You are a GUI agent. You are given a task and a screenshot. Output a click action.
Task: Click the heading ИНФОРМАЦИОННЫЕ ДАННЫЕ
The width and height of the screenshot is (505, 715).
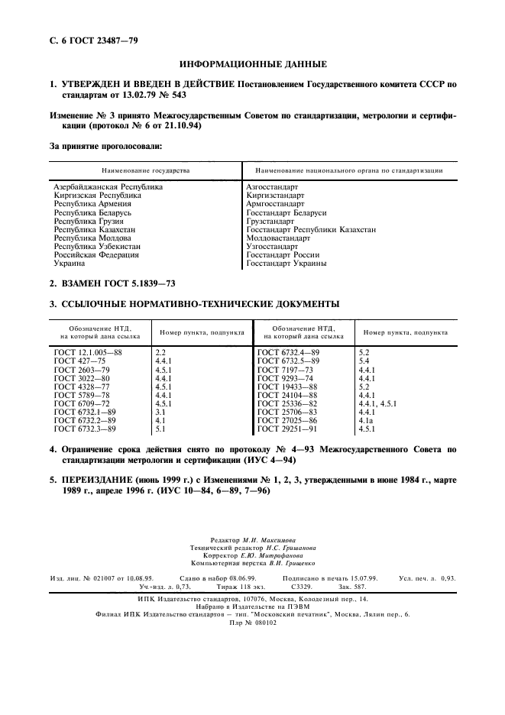[x=252, y=64]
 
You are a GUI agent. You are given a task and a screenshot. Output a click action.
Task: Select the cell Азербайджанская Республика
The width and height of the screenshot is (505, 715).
[x=108, y=187]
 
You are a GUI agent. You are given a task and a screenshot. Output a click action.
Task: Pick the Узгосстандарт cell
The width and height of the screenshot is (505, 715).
[x=272, y=247]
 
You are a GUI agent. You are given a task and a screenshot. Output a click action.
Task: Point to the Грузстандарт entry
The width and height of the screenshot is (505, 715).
[x=272, y=222]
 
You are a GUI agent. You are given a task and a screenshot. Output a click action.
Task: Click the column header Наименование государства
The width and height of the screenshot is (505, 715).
[x=145, y=170]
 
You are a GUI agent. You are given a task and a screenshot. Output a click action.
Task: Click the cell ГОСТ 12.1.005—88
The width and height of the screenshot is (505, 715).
[x=88, y=352]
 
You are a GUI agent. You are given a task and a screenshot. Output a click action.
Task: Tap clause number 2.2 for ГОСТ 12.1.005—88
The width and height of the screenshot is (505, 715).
[x=160, y=352]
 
